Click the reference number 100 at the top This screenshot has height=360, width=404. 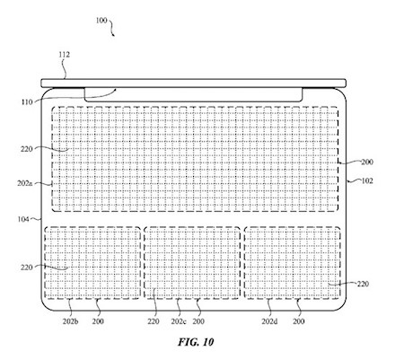coord(101,21)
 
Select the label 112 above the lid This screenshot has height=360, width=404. coord(64,55)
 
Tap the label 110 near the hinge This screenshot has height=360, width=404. coord(27,102)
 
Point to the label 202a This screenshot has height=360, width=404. coord(24,183)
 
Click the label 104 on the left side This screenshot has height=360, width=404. coord(23,219)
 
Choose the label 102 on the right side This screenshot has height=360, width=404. coord(367,180)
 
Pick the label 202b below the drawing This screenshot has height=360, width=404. coord(71,321)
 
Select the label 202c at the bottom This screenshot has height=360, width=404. coord(179,321)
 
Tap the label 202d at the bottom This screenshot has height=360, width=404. coord(269,321)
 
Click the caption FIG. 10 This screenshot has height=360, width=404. coord(196,342)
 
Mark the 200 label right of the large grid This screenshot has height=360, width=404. coord(367,162)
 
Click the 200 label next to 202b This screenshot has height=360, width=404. coord(98,321)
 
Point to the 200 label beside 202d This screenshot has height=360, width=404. coord(299,321)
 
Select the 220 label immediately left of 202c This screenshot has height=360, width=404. coord(154,321)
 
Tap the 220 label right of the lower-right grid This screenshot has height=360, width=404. coord(363,284)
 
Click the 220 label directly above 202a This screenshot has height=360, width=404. coord(27,149)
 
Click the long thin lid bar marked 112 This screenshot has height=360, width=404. coord(194,83)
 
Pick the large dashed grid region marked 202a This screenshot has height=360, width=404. coord(195,159)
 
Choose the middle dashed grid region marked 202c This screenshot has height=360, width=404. coord(192,263)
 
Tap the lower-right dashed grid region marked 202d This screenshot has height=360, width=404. coord(293,263)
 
